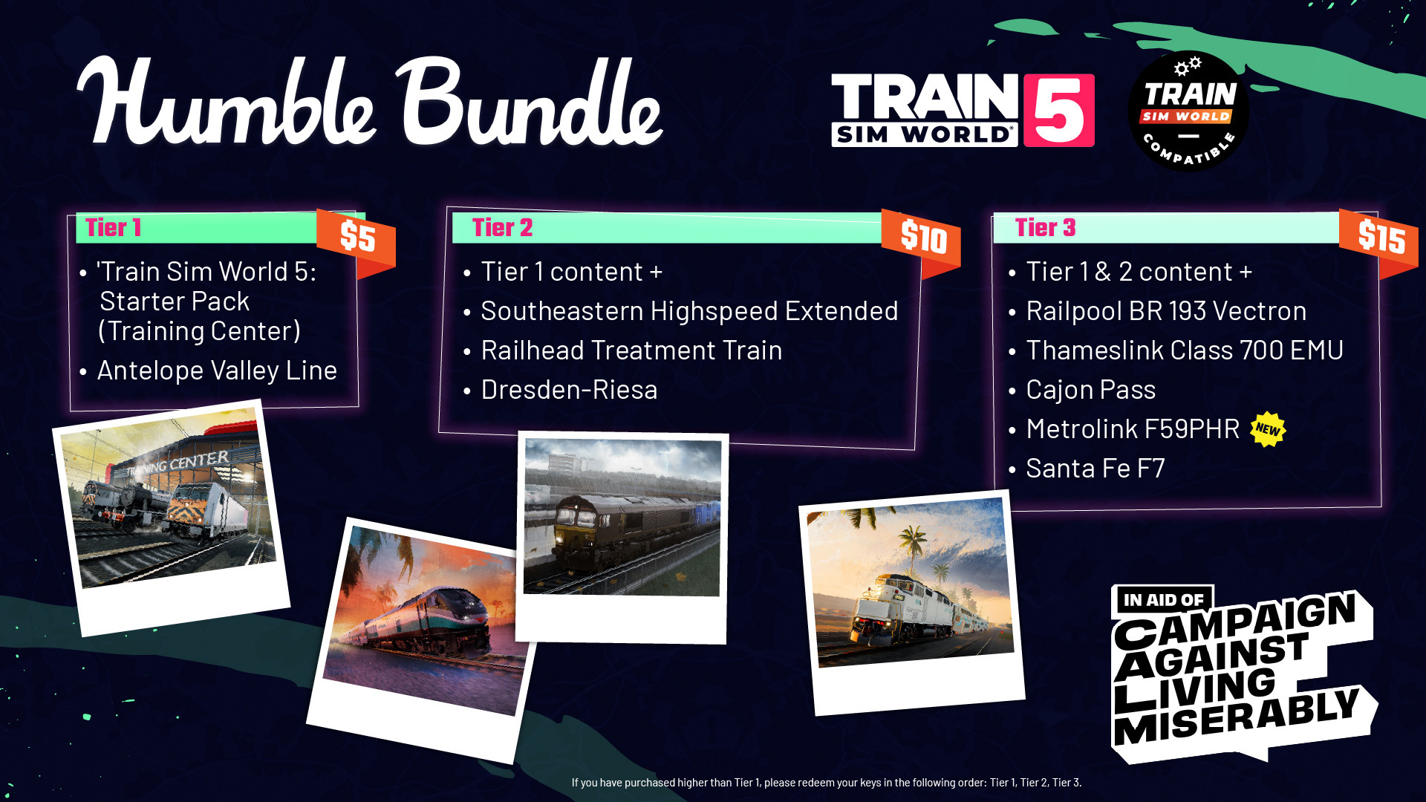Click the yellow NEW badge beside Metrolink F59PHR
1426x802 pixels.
tap(1268, 429)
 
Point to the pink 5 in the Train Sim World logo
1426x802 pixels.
tap(1058, 111)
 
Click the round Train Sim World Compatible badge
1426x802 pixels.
tap(1188, 111)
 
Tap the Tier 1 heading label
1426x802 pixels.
tap(114, 228)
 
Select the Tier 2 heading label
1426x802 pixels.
tap(503, 228)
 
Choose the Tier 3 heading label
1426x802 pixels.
tap(1046, 228)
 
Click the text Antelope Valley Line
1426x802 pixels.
tap(217, 370)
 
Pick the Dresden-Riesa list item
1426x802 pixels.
tap(569, 389)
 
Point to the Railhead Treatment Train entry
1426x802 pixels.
tap(631, 350)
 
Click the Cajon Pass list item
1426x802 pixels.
tap(1091, 389)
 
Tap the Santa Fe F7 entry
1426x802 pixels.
tap(1095, 468)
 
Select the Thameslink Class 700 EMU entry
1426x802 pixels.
tap(1185, 350)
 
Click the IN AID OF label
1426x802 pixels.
tap(1163, 600)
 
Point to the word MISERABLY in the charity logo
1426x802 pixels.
tap(1237, 716)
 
